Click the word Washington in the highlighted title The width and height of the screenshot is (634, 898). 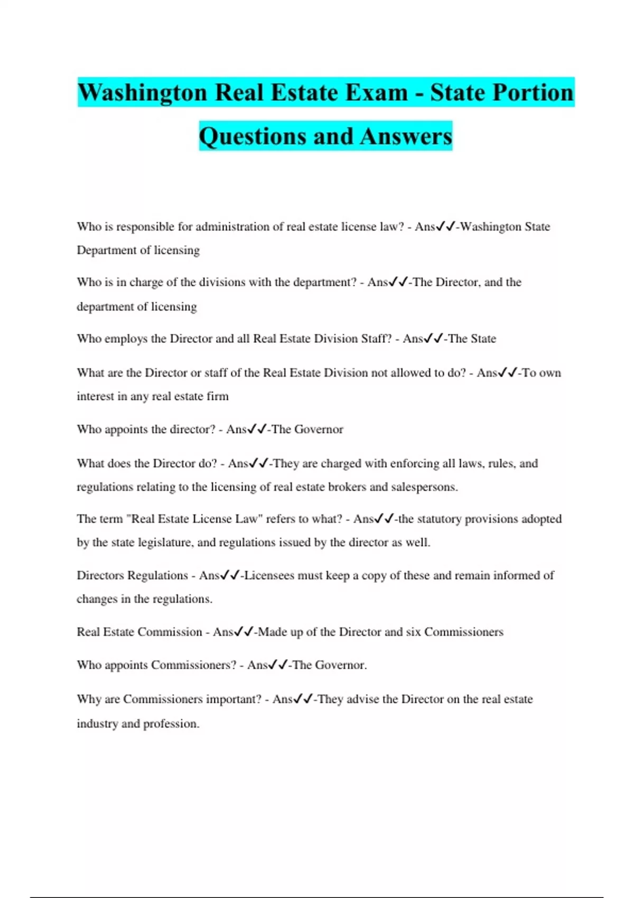142,93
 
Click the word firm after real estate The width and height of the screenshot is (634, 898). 218,396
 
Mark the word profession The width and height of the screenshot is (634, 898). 171,724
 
